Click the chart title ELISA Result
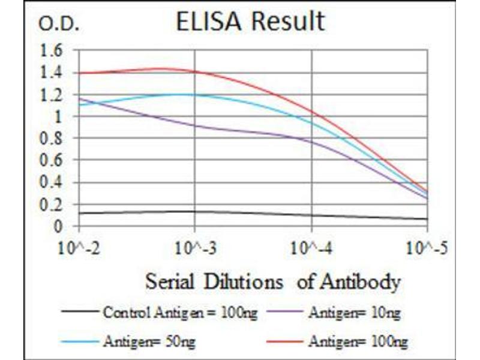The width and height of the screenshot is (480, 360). (250, 22)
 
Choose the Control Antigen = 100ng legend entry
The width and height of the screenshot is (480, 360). (180, 312)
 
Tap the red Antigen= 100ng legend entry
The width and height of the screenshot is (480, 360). (358, 342)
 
